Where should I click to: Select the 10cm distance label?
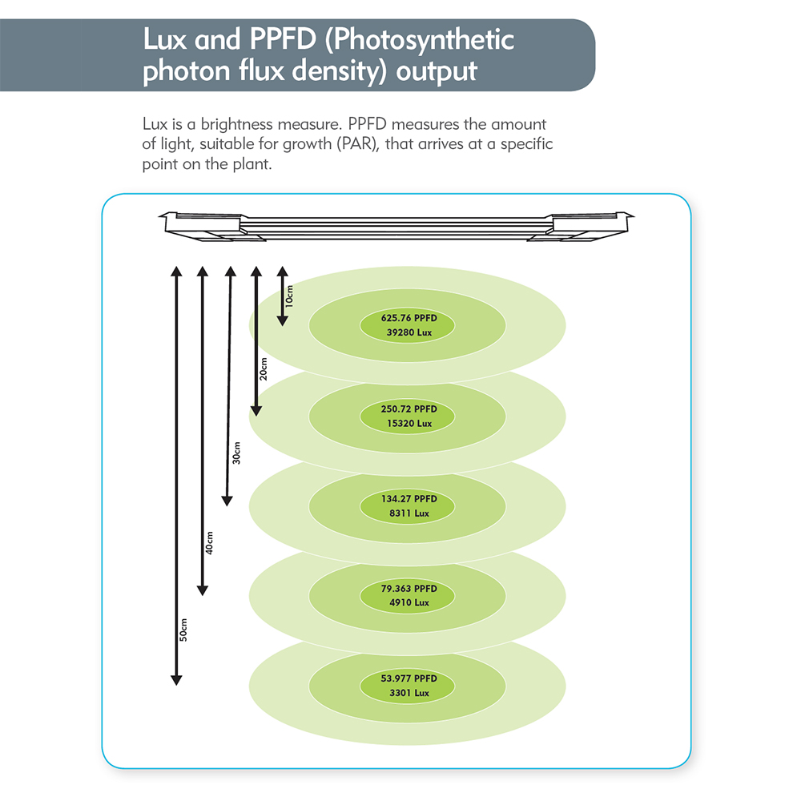click(290, 296)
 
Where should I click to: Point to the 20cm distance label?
click(264, 369)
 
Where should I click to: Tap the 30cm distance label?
click(236, 454)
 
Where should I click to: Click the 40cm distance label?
click(209, 543)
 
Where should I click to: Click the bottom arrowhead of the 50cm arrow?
click(176, 681)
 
